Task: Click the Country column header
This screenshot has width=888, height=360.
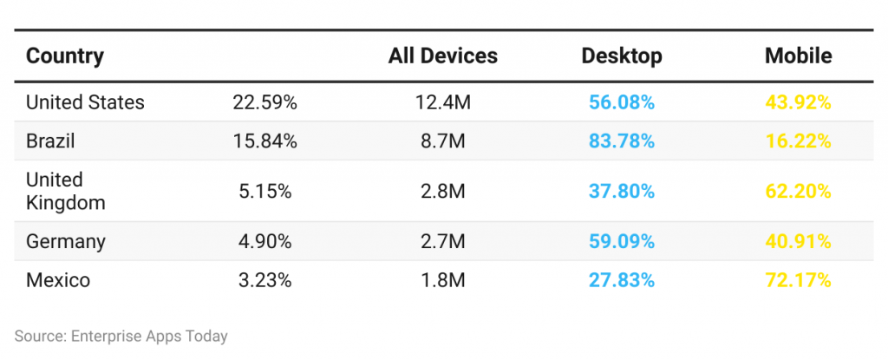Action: [65, 56]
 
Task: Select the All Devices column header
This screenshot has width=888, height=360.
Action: [442, 56]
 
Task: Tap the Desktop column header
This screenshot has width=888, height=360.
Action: [622, 56]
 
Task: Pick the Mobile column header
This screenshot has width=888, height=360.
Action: [798, 56]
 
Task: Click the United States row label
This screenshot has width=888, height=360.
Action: [85, 102]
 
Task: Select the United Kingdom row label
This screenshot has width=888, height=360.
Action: [66, 191]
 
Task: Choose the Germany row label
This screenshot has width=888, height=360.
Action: [66, 241]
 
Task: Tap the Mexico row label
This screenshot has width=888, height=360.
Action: [58, 280]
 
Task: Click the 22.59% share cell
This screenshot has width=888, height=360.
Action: [264, 102]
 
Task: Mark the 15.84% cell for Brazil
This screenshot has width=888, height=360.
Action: [264, 141]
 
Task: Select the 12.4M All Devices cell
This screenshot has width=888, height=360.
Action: [442, 102]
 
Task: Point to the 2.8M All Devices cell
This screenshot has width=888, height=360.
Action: [442, 191]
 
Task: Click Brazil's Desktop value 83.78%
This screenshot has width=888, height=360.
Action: [622, 141]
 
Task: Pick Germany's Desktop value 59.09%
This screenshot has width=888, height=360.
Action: [622, 241]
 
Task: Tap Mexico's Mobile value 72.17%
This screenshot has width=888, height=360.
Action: [798, 280]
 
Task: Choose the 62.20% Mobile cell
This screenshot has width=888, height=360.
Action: [798, 191]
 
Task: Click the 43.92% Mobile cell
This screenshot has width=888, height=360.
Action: [798, 102]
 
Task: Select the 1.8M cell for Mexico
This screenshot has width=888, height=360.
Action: [442, 280]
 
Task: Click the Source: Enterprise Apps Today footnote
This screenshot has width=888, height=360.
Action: [121, 336]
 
